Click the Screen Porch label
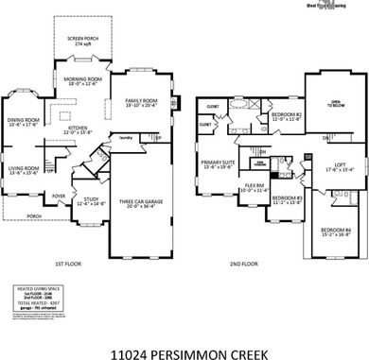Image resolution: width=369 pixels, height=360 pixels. pyautogui.click(x=81, y=41)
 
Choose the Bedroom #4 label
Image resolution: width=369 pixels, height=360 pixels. pyautogui.click(x=335, y=231)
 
